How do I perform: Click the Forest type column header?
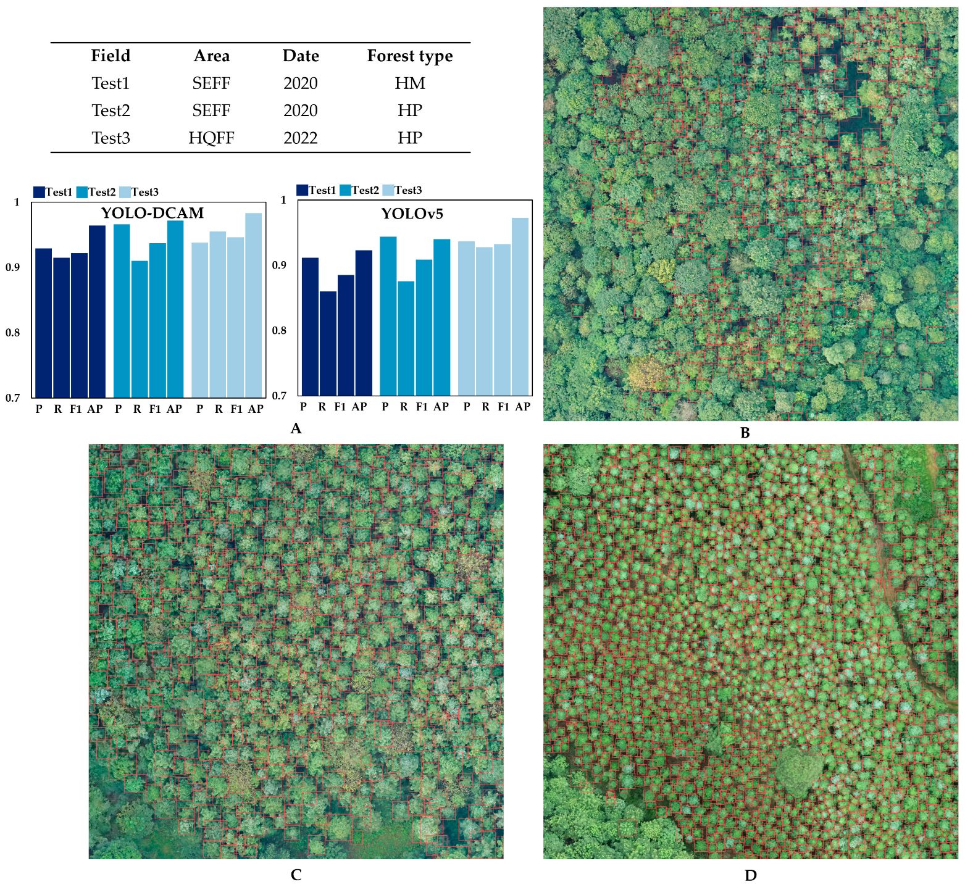(409, 56)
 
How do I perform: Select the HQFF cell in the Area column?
(211, 138)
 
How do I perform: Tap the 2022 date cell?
(300, 138)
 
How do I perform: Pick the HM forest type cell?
(409, 83)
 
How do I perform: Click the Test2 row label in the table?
(111, 110)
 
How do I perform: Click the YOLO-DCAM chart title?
(152, 213)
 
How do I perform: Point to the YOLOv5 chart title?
(412, 214)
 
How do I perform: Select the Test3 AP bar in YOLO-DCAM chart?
(253, 305)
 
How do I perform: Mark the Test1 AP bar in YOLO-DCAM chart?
(97, 311)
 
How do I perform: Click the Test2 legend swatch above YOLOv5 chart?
(345, 190)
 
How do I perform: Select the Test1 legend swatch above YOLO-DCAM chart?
(39, 192)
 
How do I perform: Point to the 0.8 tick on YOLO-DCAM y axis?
(13, 333)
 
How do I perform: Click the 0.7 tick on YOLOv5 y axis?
(279, 396)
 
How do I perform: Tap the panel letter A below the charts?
(296, 428)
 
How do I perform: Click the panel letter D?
(750, 875)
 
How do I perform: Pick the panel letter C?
(296, 875)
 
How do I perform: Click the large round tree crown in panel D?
(799, 769)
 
